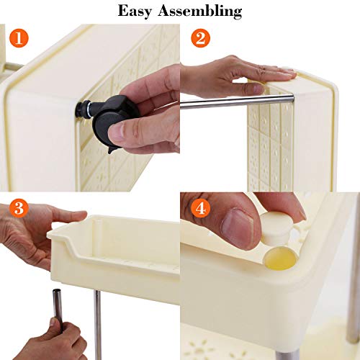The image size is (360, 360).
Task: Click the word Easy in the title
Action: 135,12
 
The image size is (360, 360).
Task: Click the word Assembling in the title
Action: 200,12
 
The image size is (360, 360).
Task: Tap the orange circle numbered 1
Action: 19,38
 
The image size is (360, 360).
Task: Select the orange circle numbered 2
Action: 201,38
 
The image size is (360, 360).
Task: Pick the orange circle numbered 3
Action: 19,208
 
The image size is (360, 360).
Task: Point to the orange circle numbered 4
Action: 201,208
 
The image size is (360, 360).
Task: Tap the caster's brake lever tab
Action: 112,149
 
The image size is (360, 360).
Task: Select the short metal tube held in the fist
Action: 58,307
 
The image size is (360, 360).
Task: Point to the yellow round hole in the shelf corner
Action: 280,258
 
